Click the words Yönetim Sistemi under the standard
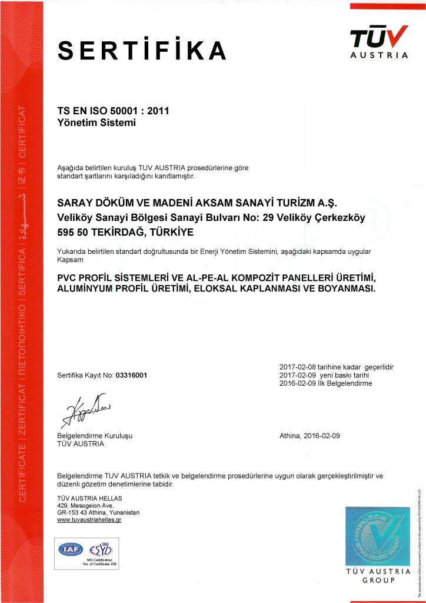point(96,123)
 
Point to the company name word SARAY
point(77,203)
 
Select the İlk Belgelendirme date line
point(325,383)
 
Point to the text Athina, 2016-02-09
point(311,436)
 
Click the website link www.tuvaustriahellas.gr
point(89,520)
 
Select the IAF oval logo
point(71,549)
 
